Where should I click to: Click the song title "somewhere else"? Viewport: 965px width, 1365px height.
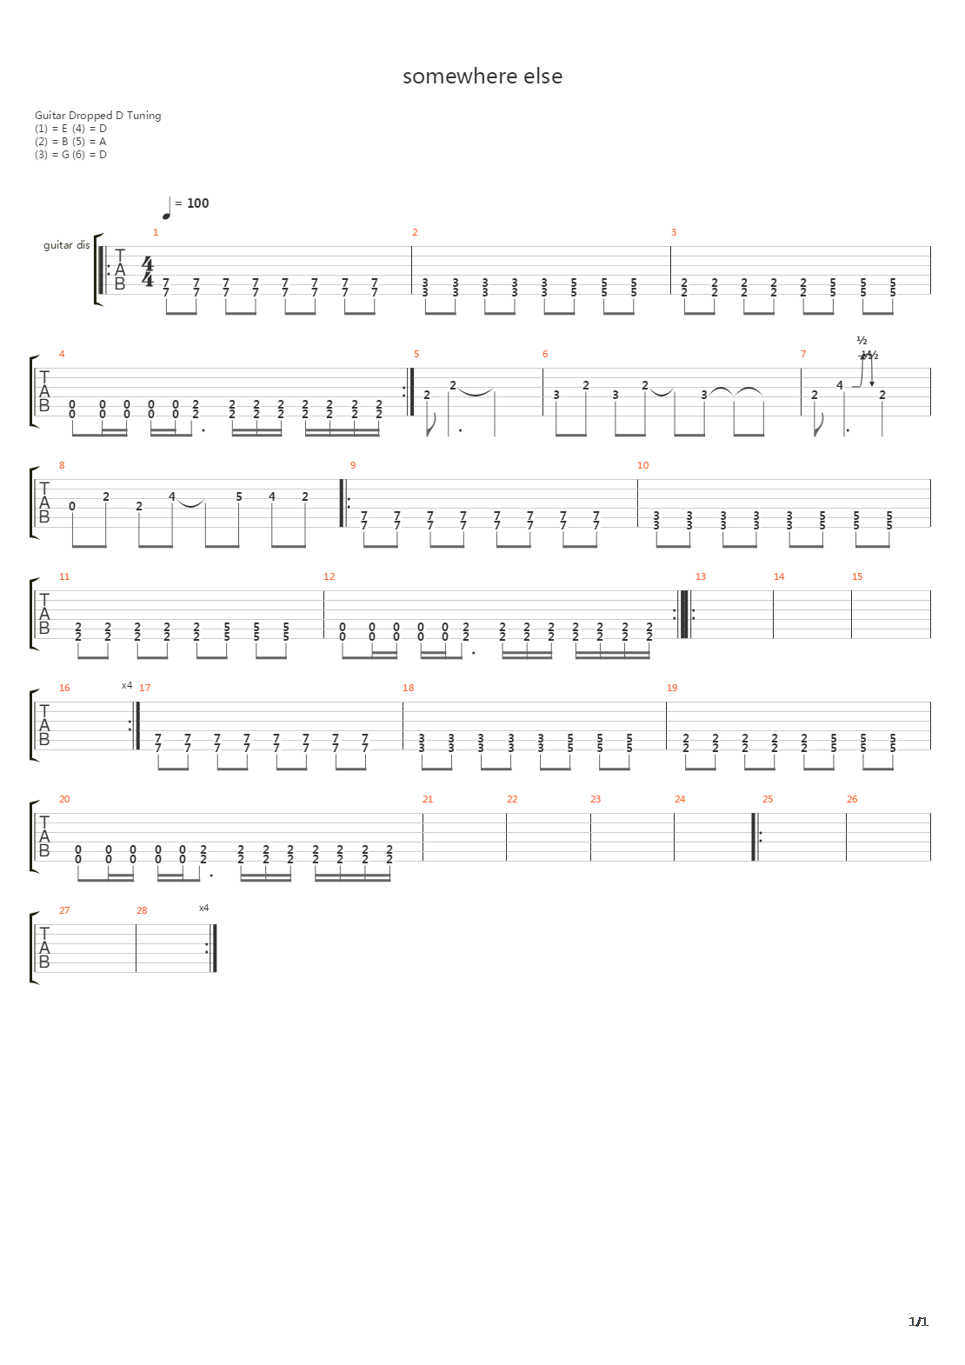click(482, 77)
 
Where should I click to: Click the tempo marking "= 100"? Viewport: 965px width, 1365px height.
click(192, 203)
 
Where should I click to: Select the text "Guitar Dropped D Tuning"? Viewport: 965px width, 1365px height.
click(97, 116)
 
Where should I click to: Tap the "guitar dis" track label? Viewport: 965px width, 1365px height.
click(67, 246)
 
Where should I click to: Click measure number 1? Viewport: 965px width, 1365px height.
click(156, 232)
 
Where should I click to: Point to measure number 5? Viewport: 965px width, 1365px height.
click(416, 354)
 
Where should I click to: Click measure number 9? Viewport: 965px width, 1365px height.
click(353, 465)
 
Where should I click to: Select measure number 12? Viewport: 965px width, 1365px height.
click(329, 576)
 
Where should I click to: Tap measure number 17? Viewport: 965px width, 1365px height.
click(144, 688)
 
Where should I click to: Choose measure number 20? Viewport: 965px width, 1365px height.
click(64, 799)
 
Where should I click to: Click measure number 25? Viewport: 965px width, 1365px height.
click(768, 799)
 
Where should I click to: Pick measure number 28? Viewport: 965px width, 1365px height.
click(142, 910)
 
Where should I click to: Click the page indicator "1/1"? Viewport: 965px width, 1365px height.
click(918, 1322)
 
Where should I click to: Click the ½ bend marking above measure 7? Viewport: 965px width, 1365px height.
click(862, 341)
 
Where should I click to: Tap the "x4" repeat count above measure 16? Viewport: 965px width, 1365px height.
click(126, 685)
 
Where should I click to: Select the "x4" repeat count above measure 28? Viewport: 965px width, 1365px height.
click(203, 908)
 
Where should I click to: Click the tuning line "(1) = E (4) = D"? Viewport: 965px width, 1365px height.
click(70, 129)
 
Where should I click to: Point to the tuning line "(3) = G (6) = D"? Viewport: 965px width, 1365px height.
click(70, 155)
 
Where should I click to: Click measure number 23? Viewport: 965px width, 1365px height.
click(596, 799)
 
